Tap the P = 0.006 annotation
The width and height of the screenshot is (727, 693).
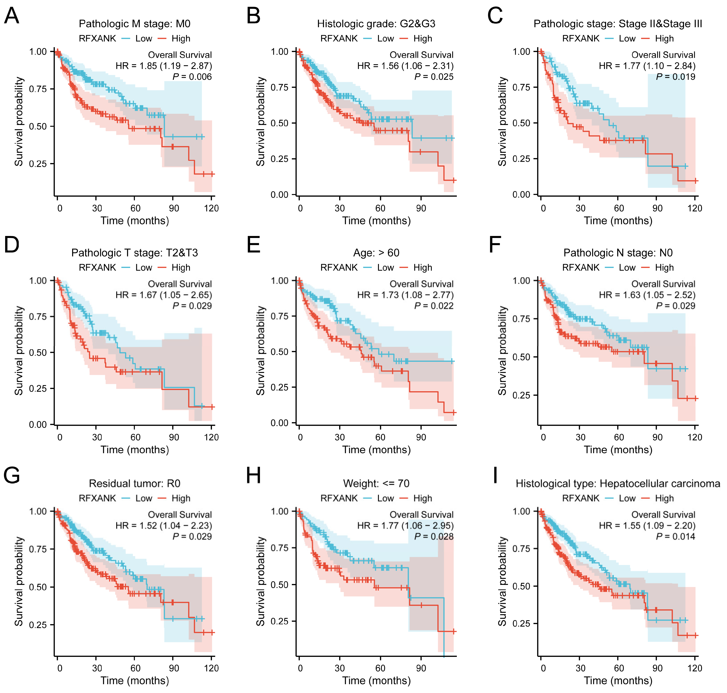coord(192,77)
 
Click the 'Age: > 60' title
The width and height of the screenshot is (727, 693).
coord(376,253)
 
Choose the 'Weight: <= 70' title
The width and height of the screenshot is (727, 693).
coord(376,484)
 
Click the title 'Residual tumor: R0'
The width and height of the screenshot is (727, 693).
coord(135,484)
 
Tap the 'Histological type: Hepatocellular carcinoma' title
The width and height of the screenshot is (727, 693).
coord(618,484)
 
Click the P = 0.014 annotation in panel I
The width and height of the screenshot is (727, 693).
coord(676,536)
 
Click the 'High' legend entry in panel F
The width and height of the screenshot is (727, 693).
coord(664,267)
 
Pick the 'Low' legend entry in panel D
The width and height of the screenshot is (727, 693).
coord(144,267)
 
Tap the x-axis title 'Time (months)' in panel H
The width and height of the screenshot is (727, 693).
coord(376,681)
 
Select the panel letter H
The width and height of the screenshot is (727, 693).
coord(254,476)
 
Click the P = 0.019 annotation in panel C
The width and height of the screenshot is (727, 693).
coord(676,77)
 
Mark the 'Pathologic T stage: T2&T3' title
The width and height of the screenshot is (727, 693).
coord(135,253)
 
